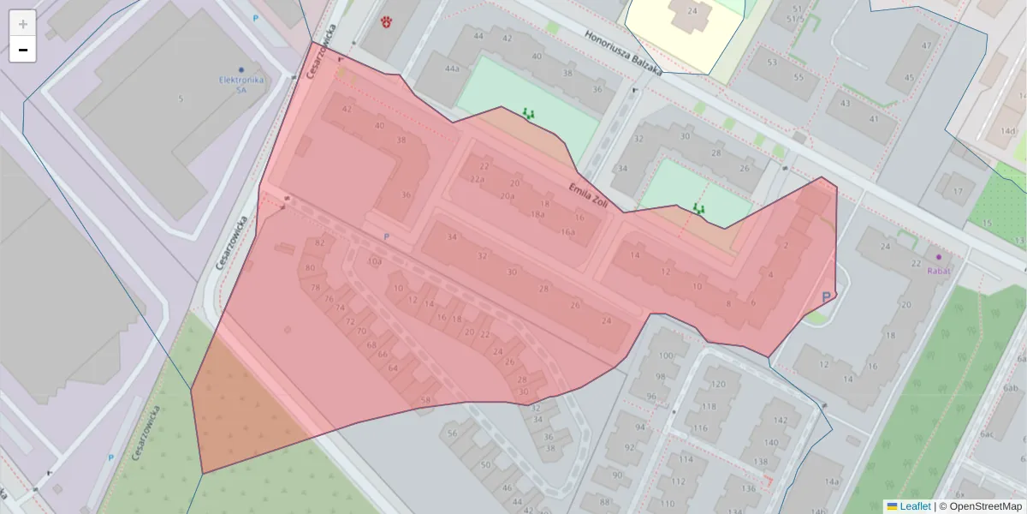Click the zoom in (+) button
[x=23, y=24]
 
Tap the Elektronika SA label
[x=241, y=84]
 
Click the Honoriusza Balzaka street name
[x=624, y=54]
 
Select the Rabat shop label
[x=939, y=271]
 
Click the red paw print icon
[x=386, y=21]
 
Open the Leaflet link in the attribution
[x=915, y=506]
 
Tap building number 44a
[x=453, y=69]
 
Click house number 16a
[x=567, y=232]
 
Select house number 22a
[x=477, y=180]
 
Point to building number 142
[x=780, y=421]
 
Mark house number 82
[x=320, y=242]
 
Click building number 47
[x=926, y=45]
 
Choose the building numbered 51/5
[x=799, y=18]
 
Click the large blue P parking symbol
[x=827, y=296]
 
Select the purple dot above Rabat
[x=939, y=256]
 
